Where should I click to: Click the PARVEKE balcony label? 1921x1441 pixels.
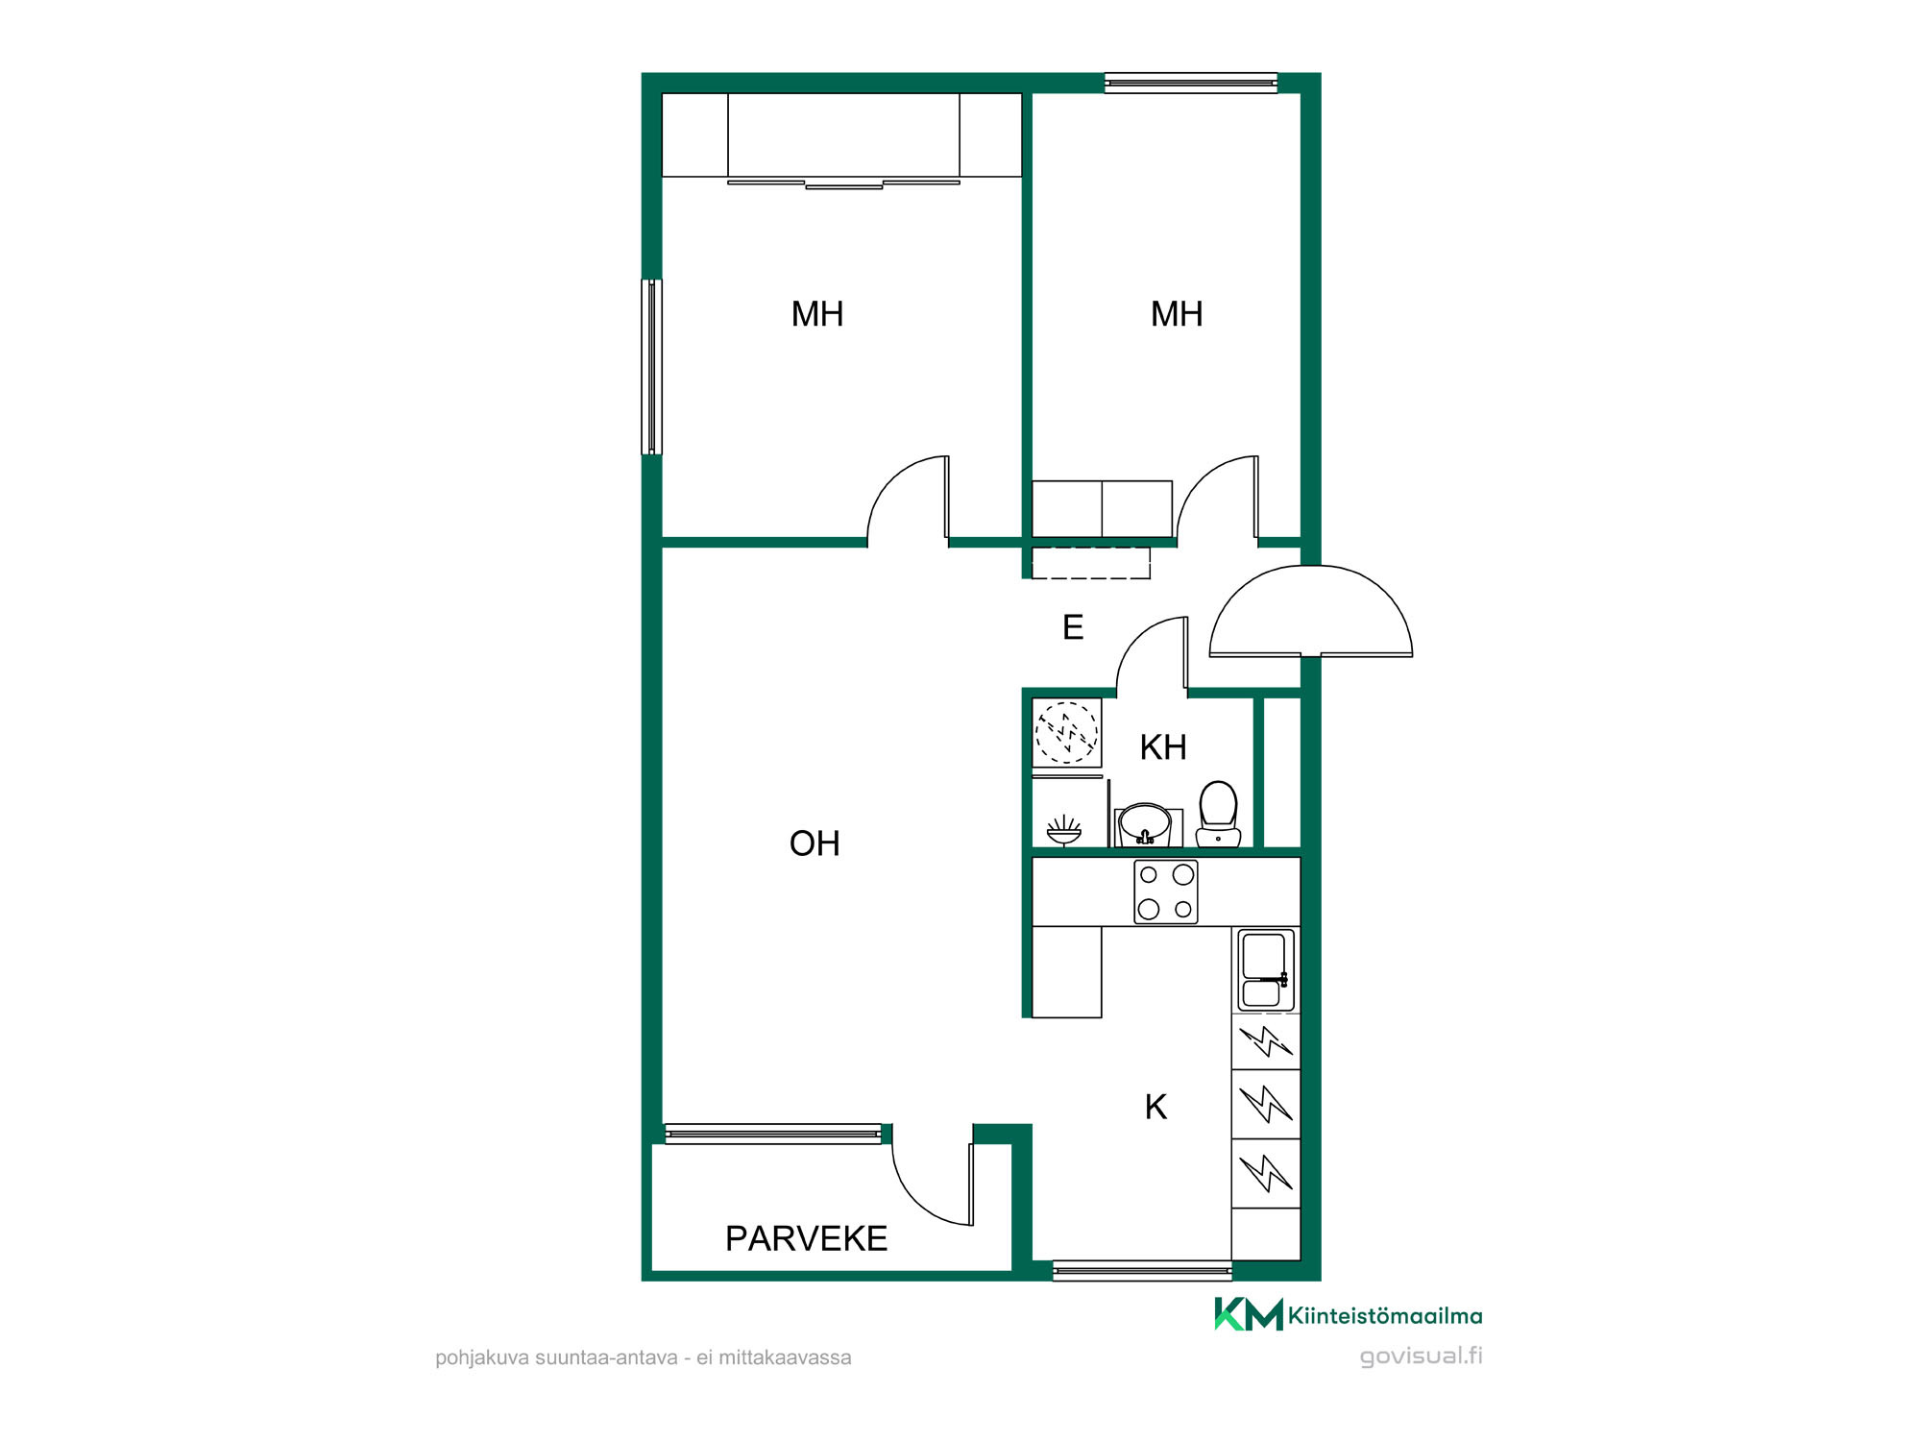click(x=806, y=1238)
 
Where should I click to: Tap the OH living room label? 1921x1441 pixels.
click(x=815, y=843)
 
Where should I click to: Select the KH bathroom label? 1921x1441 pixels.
click(x=1163, y=747)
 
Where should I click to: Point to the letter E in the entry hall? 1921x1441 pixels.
click(x=1073, y=627)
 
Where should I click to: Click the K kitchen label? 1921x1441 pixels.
click(x=1155, y=1107)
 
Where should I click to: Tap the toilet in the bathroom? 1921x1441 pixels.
click(x=1218, y=814)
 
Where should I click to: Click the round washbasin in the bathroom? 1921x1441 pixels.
click(x=1145, y=824)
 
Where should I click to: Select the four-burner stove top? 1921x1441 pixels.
click(x=1166, y=891)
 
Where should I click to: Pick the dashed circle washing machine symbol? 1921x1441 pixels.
click(x=1066, y=732)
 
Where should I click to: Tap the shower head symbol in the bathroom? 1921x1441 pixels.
click(x=1064, y=830)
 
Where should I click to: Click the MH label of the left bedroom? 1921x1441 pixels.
click(x=817, y=314)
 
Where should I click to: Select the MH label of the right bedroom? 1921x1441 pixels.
click(x=1177, y=314)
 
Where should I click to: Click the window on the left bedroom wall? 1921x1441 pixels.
click(x=651, y=366)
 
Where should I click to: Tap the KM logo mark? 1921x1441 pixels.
click(x=1249, y=1314)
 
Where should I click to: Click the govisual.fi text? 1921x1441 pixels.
click(x=1421, y=1356)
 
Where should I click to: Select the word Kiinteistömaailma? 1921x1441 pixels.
click(x=1385, y=1316)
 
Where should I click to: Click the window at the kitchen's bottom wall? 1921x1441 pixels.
click(x=1142, y=1271)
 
